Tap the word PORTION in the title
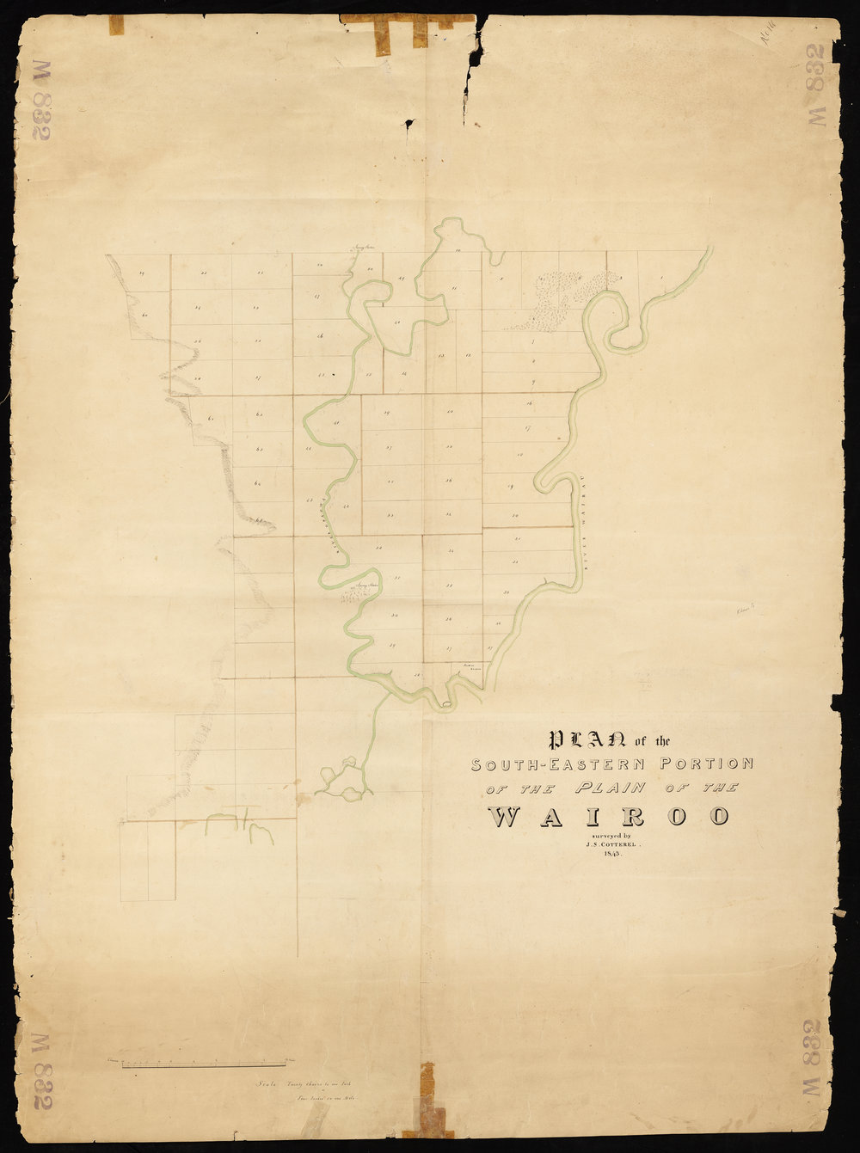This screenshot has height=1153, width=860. tap(706, 763)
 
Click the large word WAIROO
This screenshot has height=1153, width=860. tap(610, 817)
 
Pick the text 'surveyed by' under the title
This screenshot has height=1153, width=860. tap(608, 836)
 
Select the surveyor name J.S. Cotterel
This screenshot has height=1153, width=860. tap(608, 845)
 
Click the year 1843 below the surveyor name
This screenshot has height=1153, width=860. tap(608, 856)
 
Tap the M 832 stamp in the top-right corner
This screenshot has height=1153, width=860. tap(817, 84)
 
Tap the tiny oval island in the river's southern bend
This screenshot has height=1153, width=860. tap(445, 705)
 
